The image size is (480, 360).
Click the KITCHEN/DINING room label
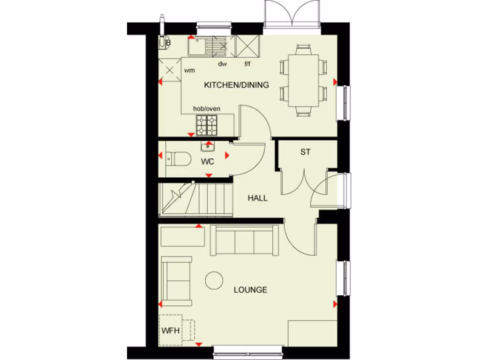point(236,85)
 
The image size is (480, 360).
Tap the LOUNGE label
point(250,290)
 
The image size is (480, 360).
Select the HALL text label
point(257,198)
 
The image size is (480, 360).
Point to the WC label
point(208,162)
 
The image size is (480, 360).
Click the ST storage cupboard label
point(306,152)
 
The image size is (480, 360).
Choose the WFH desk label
point(171,330)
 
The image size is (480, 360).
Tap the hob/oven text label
point(207,109)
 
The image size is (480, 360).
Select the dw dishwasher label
point(222,64)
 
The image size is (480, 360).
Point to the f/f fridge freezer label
point(248,64)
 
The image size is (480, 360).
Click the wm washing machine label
point(189,70)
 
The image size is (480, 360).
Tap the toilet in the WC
point(178,159)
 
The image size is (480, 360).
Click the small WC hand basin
point(208,147)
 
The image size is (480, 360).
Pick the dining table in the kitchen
point(303,80)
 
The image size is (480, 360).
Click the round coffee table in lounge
point(214,280)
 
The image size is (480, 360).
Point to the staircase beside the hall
point(196,199)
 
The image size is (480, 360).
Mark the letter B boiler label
point(168,43)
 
